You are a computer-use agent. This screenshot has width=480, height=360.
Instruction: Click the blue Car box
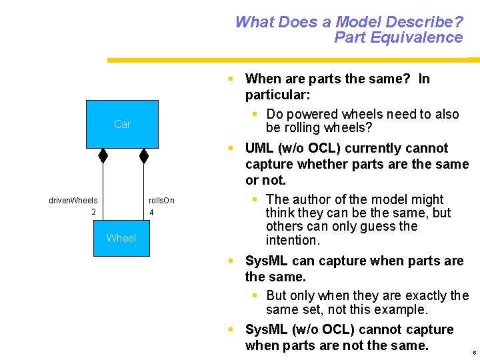pos(122,124)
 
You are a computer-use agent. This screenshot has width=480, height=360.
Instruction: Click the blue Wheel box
pos(121,238)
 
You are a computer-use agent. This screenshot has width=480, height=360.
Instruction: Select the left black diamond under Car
pos(103,155)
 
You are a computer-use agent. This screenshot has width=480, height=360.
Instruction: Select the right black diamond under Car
pos(143,155)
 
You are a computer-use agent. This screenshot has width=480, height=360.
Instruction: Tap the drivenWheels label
pos(73,200)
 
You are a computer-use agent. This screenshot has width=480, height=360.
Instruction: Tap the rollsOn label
pos(161,200)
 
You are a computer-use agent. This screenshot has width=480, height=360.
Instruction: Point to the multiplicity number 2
pos(93,212)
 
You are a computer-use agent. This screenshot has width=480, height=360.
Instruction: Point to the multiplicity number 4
pos(152,213)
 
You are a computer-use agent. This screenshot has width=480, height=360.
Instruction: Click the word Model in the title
pos(359,22)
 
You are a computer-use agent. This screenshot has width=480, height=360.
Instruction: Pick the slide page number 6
pos(473,352)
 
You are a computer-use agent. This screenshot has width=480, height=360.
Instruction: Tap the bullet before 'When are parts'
pos(230,79)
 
